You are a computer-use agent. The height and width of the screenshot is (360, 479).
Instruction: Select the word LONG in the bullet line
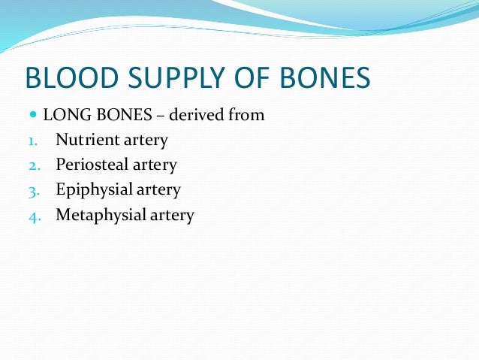pyautogui.click(x=63, y=116)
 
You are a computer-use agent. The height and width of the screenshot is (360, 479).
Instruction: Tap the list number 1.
pyautogui.click(x=32, y=141)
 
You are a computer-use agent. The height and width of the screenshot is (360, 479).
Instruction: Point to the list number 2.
pyautogui.click(x=33, y=165)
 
